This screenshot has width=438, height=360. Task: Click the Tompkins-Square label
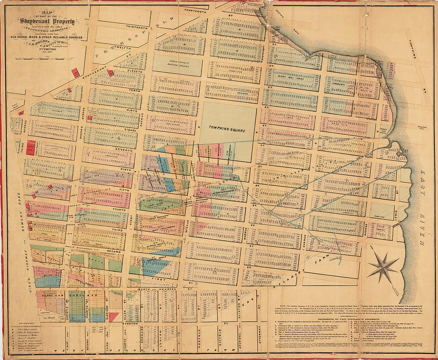tap(227, 131)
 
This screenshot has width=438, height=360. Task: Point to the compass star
tap(385, 266)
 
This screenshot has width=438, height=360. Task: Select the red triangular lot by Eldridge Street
tap(113, 317)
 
